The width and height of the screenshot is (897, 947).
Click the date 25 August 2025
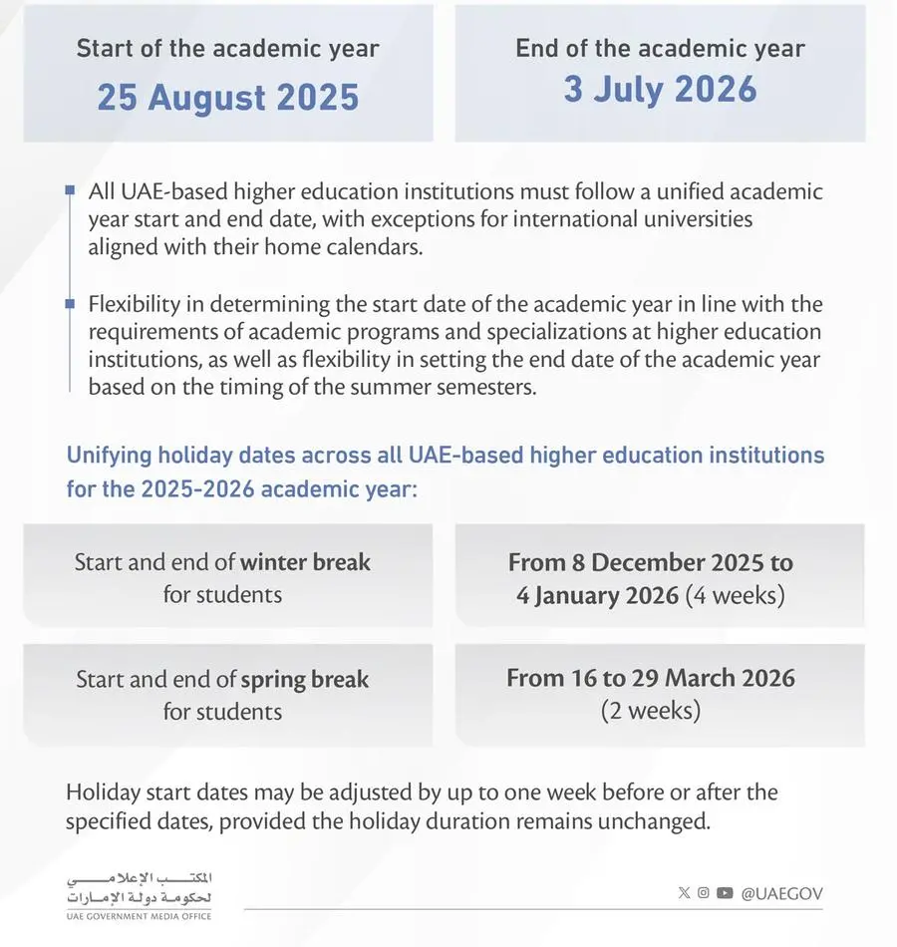tap(227, 98)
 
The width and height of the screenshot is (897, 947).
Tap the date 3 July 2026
tap(660, 89)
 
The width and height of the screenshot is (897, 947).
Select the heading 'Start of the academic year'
tap(227, 48)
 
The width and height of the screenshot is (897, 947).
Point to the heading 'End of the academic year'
tap(660, 48)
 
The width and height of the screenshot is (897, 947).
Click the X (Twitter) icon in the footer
tap(684, 893)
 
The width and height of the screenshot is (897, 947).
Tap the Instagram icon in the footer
tap(704, 893)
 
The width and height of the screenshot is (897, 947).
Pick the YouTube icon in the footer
tap(725, 893)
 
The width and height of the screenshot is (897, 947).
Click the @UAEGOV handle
tap(781, 894)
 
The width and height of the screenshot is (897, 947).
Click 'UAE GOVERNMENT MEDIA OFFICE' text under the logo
tap(139, 916)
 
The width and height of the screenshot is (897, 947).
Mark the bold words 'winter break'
tap(305, 562)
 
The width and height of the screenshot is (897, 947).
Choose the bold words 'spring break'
tap(305, 680)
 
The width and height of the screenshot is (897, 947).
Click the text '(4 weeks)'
tap(736, 597)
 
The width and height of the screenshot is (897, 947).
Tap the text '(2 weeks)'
tap(650, 712)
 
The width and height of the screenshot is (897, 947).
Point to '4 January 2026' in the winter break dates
tap(596, 597)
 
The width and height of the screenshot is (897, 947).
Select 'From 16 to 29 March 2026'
tap(651, 679)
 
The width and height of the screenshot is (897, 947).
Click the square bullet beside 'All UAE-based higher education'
tap(69, 189)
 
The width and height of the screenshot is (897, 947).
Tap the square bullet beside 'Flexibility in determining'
tap(69, 303)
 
